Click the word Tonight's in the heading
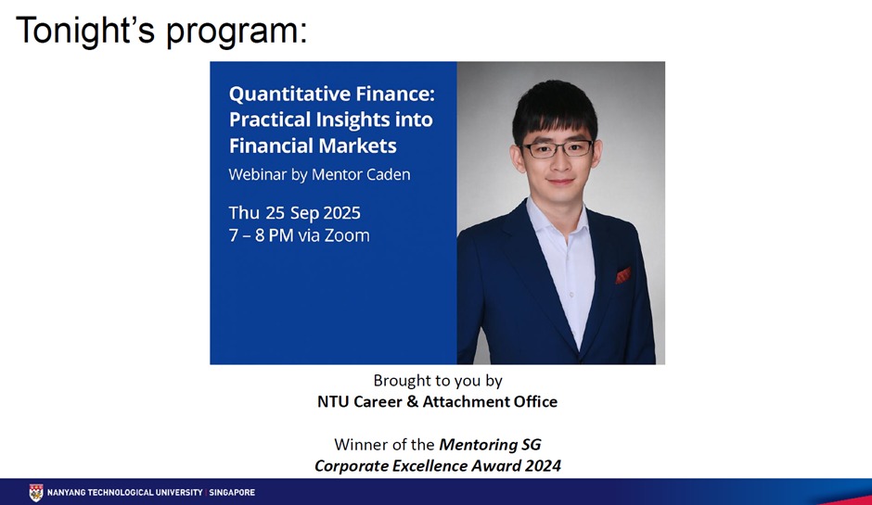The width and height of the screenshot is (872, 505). [84, 31]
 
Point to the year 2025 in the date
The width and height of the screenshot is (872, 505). [341, 213]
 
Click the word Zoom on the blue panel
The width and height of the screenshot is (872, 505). [347, 235]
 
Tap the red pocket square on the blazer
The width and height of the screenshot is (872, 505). [622, 274]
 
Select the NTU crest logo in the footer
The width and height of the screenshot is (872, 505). [36, 493]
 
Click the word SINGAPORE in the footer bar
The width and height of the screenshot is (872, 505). [232, 492]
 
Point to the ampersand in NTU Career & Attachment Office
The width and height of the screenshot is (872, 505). [412, 401]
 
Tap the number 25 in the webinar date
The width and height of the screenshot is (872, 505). [275, 213]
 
